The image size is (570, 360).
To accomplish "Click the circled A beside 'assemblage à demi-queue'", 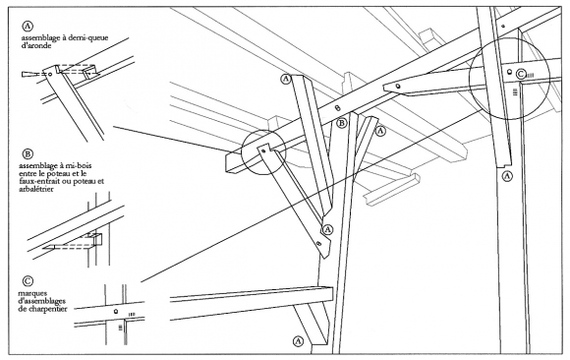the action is [x=28, y=27].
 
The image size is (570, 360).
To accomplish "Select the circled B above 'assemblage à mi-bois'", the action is [x=28, y=154].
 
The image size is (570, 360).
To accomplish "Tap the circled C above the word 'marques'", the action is [x=28, y=281].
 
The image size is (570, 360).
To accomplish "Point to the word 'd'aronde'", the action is [x=36, y=46].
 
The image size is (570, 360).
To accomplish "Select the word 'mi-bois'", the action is [x=80, y=166].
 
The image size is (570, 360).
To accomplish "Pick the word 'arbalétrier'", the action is [x=36, y=189].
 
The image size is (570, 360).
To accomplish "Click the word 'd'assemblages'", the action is [x=41, y=301].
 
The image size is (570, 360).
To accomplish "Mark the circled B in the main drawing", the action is [x=342, y=123].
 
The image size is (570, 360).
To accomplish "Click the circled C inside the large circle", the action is [x=521, y=74].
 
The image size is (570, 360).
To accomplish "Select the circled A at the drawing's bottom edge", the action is [x=298, y=341].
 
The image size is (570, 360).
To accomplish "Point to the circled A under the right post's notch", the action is [x=507, y=176].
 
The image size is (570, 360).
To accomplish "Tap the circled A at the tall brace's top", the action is [x=286, y=79].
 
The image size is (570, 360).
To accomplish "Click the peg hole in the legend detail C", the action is [x=116, y=311].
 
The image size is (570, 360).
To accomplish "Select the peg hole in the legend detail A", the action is [x=50, y=74].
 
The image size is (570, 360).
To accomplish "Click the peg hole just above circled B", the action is [x=337, y=108].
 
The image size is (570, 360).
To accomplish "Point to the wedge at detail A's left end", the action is [x=30, y=74].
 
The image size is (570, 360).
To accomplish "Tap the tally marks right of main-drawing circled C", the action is [x=530, y=75].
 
